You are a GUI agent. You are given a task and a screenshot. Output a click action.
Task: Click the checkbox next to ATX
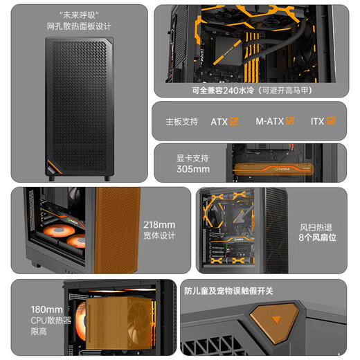(x=233, y=121)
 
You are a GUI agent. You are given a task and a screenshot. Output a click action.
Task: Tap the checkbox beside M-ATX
(x=290, y=121)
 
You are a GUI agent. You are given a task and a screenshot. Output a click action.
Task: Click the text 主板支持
(x=181, y=122)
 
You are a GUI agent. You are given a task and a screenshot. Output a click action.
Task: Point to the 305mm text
(x=192, y=169)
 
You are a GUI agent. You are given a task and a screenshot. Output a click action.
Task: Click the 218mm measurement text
(x=159, y=224)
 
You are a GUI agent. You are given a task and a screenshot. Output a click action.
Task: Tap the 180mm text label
(x=46, y=309)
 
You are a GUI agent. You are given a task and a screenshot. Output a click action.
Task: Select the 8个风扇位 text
(x=317, y=237)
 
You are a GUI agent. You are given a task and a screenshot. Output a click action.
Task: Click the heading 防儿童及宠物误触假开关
(x=228, y=291)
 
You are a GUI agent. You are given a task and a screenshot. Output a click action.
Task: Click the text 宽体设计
(x=159, y=236)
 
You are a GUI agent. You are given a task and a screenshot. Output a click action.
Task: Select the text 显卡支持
(x=192, y=157)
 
